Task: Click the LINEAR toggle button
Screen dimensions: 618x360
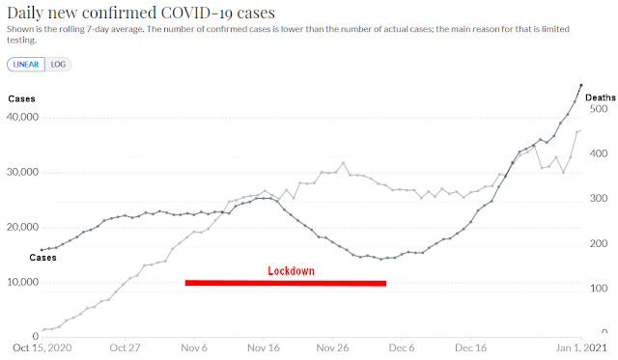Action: click(26, 65)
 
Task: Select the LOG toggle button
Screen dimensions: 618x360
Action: click(58, 65)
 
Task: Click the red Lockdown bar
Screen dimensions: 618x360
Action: click(286, 283)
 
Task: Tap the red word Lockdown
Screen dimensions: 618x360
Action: click(292, 271)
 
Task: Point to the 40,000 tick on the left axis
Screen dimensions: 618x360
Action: click(23, 117)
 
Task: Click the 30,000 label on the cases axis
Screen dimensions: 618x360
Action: click(23, 172)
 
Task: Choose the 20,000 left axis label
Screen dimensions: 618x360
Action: click(23, 227)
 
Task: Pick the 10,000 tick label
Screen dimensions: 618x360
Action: click(23, 282)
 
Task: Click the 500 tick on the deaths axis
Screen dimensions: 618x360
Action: click(599, 109)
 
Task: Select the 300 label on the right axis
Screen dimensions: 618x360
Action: click(599, 198)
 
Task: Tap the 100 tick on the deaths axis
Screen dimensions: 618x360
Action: click(599, 288)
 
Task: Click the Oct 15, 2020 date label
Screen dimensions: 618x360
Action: click(42, 347)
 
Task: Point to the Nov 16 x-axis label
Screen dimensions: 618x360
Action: click(264, 347)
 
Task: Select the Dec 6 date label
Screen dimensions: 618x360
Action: click(402, 347)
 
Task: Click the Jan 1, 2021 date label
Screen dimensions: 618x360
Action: click(581, 347)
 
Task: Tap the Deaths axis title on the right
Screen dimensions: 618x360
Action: click(601, 97)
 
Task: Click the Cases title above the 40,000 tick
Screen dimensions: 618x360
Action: click(21, 98)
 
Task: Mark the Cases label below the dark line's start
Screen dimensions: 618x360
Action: click(42, 258)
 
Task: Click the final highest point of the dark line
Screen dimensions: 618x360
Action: click(581, 85)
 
